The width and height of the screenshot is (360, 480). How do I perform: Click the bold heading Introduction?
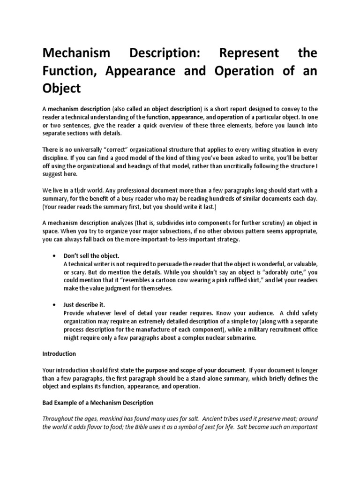(59, 353)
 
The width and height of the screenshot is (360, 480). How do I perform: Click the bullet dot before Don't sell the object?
(56, 255)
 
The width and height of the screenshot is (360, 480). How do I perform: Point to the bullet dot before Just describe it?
(56, 304)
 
